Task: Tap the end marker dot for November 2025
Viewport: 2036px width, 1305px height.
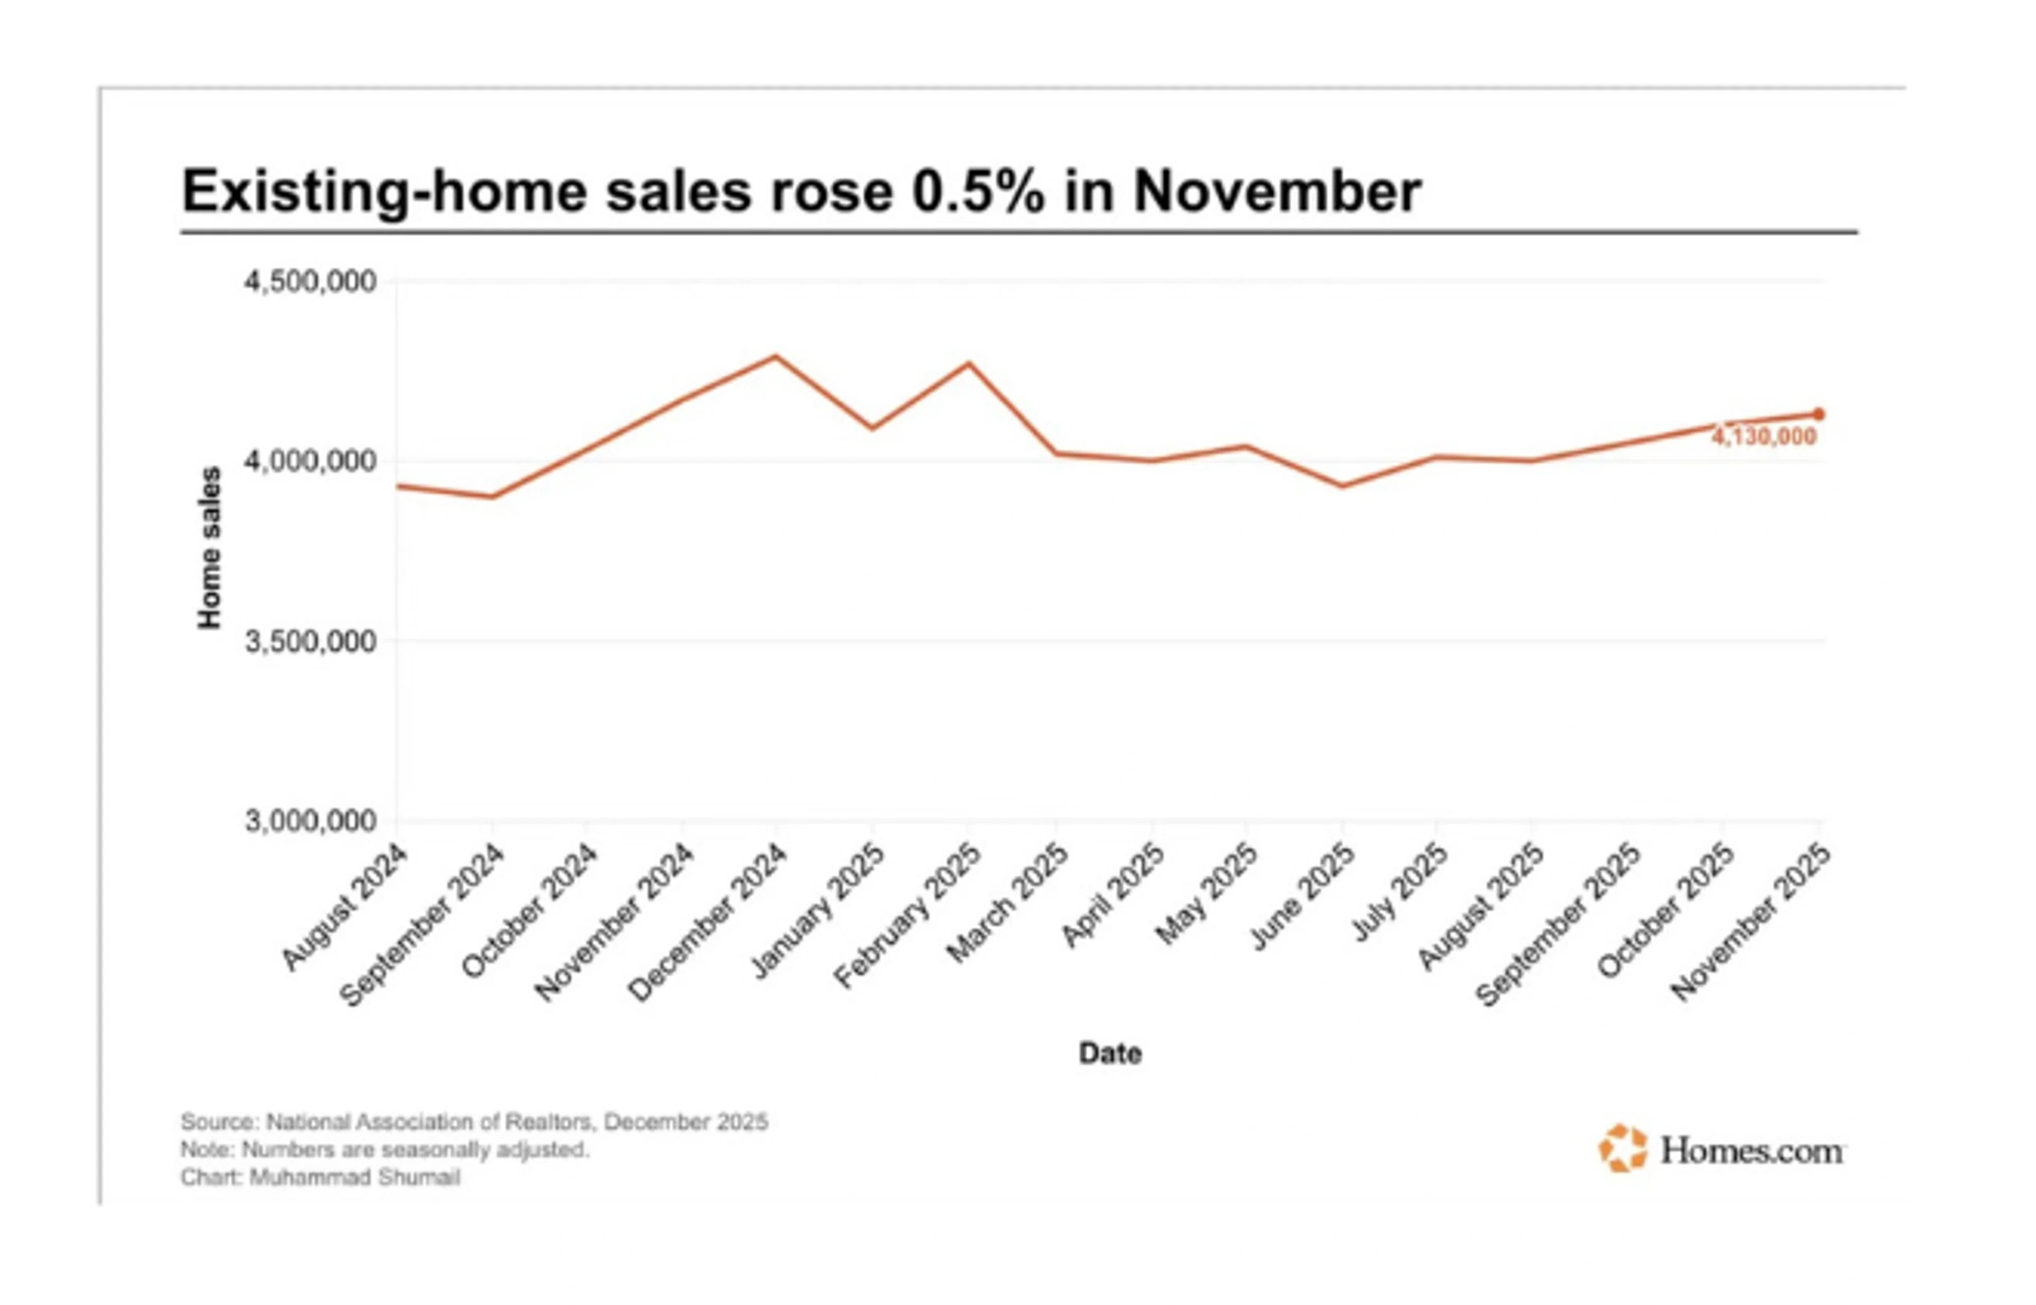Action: tap(1818, 414)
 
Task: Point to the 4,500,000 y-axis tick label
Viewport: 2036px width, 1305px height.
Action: tap(310, 282)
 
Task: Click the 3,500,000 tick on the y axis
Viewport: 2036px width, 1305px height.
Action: tap(310, 642)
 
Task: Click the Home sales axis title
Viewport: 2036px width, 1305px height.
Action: tap(209, 548)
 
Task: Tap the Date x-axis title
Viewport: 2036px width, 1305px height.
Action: tap(1110, 1053)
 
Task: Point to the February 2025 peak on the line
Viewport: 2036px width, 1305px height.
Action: tap(969, 364)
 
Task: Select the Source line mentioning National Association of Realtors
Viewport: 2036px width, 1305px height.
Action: tap(475, 1122)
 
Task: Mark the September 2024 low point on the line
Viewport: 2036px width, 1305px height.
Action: tap(492, 496)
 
